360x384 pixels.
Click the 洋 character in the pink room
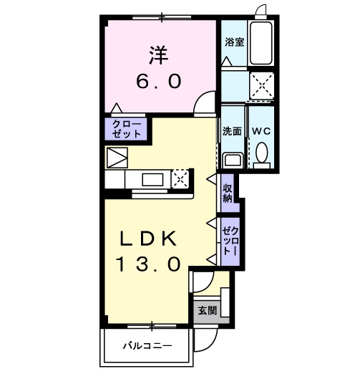pos(159,54)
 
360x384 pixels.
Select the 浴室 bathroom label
pos(233,42)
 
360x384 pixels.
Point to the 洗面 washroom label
pos(231,131)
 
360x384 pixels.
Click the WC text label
pos(261,131)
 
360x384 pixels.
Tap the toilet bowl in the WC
pos(261,153)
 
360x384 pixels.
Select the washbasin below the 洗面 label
pos(231,159)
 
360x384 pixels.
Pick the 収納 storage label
pos(228,193)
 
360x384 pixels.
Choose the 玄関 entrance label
pos(208,310)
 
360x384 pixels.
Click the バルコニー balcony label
pos(147,346)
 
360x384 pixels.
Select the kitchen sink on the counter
pos(152,178)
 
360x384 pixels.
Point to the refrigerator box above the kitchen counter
pos(117,157)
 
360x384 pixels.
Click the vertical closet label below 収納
pos(228,241)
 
